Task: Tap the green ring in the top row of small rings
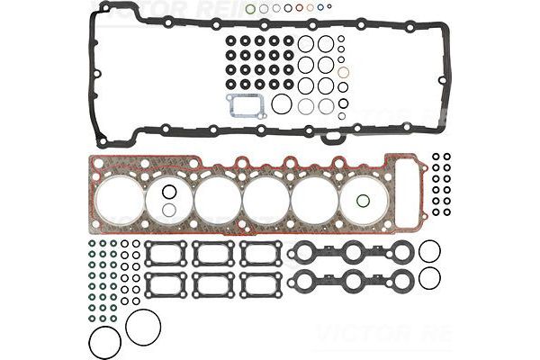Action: coord(250,9)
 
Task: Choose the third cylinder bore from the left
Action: coord(217,199)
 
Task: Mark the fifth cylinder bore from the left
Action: coord(314,199)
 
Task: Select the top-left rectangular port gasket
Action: coord(166,253)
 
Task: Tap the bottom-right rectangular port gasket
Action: coord(261,285)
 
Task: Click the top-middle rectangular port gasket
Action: coord(213,253)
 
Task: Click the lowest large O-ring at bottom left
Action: coord(104,342)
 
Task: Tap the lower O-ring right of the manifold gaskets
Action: coord(430,279)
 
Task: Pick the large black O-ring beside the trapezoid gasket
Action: coord(282,104)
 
